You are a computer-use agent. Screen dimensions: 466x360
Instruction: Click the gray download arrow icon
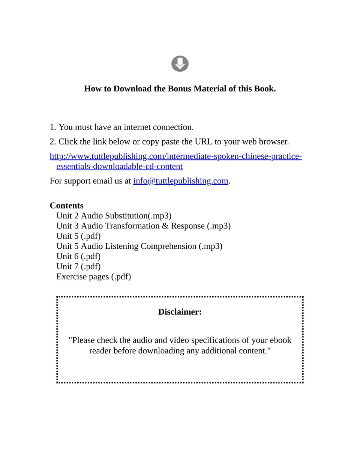pyautogui.click(x=180, y=64)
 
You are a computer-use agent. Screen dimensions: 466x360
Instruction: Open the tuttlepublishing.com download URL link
pyautogui.click(x=175, y=156)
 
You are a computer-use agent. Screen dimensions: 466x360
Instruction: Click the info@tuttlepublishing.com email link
pyautogui.click(x=181, y=181)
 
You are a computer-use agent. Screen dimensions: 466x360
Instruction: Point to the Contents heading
pyautogui.click(x=67, y=206)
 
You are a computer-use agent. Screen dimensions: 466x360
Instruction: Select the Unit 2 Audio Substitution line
pyautogui.click(x=114, y=216)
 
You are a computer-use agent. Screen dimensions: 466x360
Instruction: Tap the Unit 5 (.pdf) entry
pyautogui.click(x=78, y=236)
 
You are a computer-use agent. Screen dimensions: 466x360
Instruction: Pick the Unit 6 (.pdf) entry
pyautogui.click(x=78, y=256)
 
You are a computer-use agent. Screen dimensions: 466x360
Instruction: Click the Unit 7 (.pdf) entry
pyautogui.click(x=78, y=266)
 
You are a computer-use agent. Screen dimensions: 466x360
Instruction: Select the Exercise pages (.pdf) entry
pyautogui.click(x=93, y=277)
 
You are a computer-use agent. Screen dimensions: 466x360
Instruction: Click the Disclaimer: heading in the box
pyautogui.click(x=180, y=312)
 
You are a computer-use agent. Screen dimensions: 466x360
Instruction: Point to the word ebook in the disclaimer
pyautogui.click(x=280, y=340)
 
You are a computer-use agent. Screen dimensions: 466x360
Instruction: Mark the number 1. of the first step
pyautogui.click(x=53, y=127)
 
